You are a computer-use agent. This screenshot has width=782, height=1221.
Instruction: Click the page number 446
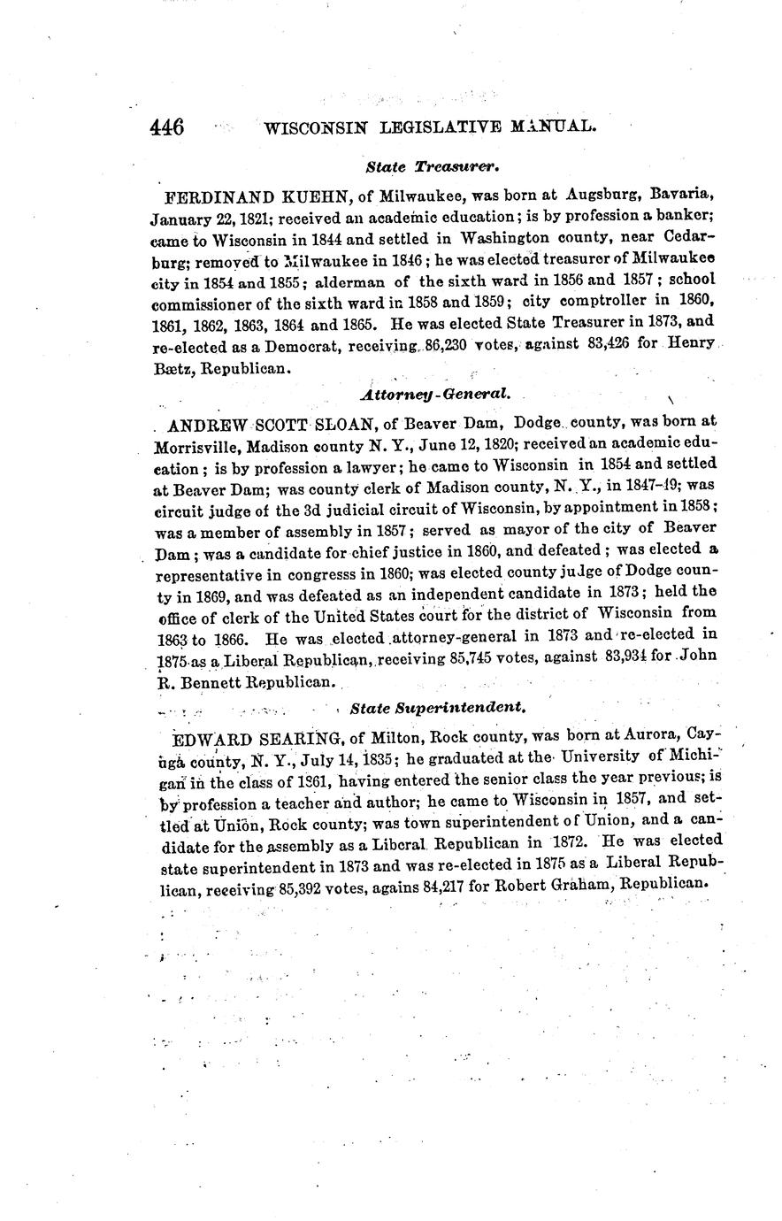pyautogui.click(x=167, y=127)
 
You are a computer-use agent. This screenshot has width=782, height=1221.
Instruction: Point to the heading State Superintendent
pyautogui.click(x=439, y=708)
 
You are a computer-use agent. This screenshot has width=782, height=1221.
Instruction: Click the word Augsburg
pyautogui.click(x=605, y=193)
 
